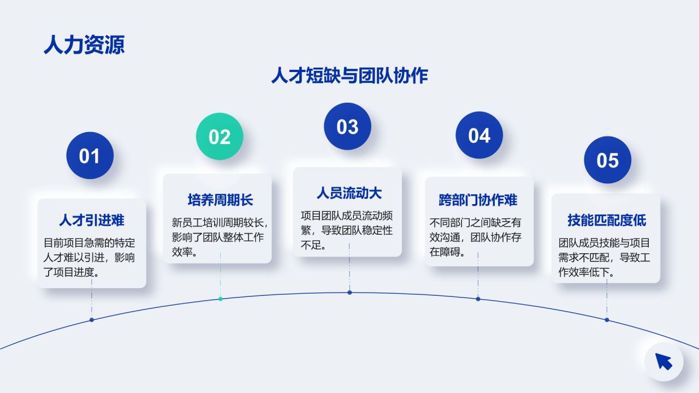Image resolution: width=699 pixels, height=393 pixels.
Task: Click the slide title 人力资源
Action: (84, 45)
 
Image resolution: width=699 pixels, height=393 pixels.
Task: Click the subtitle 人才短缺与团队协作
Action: (349, 76)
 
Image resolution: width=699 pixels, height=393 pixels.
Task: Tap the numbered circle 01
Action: (90, 156)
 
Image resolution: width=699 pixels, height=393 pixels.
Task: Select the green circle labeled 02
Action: (220, 136)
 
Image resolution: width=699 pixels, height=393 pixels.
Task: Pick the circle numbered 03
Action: (347, 127)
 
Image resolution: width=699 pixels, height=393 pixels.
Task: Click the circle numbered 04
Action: (479, 135)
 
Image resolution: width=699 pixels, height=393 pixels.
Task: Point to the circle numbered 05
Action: (607, 160)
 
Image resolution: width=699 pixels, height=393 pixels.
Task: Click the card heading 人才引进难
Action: (92, 221)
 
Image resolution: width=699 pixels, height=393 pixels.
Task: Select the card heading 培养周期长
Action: (220, 200)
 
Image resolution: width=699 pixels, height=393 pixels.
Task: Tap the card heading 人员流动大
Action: (349, 193)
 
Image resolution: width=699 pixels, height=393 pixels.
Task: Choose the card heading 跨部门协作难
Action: (478, 200)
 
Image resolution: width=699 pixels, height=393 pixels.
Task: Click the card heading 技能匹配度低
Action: (607, 221)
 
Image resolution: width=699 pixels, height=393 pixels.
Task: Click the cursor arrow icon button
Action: (664, 361)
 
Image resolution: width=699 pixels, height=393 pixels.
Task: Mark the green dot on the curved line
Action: (221, 299)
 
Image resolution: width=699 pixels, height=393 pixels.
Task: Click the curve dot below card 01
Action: (92, 320)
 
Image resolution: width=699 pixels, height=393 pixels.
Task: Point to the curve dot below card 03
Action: (349, 293)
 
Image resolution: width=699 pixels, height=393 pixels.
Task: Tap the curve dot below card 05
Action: (607, 320)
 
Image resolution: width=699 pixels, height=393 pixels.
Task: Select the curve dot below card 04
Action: (478, 299)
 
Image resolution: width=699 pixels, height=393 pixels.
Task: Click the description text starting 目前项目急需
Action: (90, 257)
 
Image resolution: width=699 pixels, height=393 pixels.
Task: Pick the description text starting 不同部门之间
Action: (476, 237)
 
